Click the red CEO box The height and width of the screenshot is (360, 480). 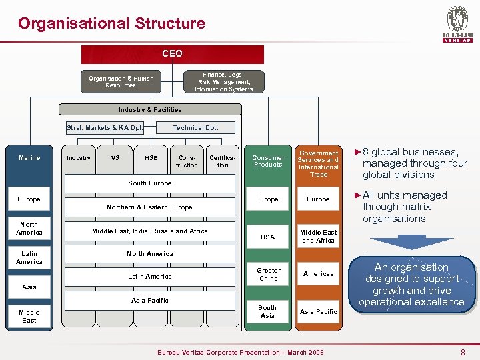(172, 54)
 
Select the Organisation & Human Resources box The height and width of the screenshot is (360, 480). (121, 82)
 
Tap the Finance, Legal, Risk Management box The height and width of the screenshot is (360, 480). (223, 82)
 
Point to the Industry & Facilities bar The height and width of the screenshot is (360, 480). (150, 109)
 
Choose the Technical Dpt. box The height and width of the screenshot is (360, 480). (195, 127)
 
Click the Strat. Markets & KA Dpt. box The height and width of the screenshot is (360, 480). (105, 127)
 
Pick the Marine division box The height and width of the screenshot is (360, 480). (29, 158)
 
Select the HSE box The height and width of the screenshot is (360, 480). (151, 158)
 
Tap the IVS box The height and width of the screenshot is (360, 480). (115, 158)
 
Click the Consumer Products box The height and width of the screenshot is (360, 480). (268, 161)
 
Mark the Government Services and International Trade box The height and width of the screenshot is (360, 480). (318, 163)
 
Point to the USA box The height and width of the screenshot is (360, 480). (268, 237)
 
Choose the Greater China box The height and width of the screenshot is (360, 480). (268, 274)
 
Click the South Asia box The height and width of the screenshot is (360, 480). (268, 311)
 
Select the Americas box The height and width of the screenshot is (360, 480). (318, 274)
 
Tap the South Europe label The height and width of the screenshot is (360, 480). (150, 183)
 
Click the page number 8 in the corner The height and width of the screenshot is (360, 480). (463, 351)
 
